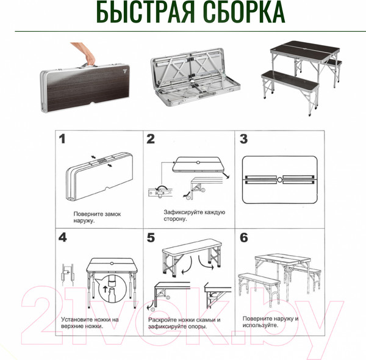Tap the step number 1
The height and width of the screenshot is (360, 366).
62,139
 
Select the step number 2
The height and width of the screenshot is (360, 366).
151,139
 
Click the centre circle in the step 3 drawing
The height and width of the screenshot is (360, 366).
278,181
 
